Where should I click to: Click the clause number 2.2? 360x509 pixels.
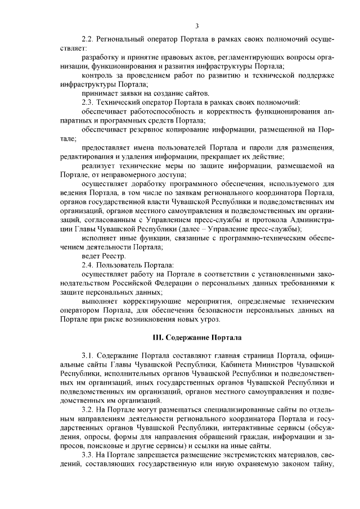pos(88,41)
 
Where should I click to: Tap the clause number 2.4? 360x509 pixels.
pos(88,264)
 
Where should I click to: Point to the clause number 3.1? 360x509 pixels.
pos(88,356)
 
